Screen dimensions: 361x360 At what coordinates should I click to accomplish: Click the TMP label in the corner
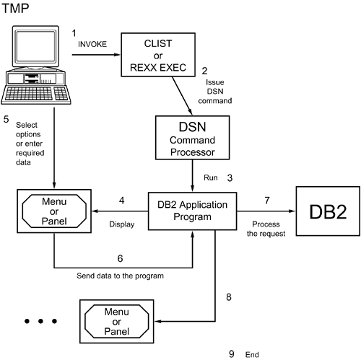coord(15,8)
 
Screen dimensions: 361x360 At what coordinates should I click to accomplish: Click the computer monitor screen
coord(35,46)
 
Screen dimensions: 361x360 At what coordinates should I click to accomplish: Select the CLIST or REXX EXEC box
coord(158,55)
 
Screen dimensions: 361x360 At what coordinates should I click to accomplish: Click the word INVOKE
coord(92,44)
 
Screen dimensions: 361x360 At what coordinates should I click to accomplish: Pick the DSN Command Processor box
coord(192,138)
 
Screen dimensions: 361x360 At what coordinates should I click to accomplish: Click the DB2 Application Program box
coord(192,211)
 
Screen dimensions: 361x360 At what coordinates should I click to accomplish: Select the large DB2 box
coord(328,211)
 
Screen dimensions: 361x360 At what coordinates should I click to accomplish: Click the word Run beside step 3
coord(211,177)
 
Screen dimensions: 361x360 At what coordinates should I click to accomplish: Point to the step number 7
coord(267,201)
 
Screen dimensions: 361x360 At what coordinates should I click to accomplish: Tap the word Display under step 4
coord(122,224)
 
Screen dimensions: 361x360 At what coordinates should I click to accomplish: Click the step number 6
coord(120,258)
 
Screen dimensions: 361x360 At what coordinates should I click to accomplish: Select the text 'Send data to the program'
coord(120,276)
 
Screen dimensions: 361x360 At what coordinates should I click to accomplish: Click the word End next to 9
coord(252,355)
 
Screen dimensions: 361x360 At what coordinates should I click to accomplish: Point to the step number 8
coord(229,297)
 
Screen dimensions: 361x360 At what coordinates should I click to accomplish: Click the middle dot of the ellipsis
coord(40,321)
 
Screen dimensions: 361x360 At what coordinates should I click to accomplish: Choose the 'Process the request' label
coord(266,229)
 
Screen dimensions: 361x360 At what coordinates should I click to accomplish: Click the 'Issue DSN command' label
coord(215,92)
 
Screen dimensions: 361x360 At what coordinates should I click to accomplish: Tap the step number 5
coord(6,119)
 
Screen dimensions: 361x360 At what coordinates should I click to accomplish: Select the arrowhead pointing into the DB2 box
coord(292,211)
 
